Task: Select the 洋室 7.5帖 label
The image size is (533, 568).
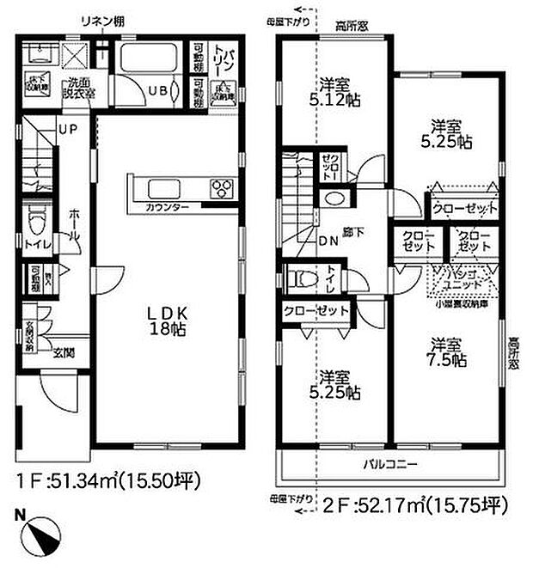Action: tap(446, 352)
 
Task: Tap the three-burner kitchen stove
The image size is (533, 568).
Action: tap(220, 188)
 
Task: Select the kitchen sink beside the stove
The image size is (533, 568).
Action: tap(162, 188)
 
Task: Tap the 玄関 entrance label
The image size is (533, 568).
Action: tap(64, 351)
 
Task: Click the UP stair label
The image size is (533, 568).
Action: tap(68, 129)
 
